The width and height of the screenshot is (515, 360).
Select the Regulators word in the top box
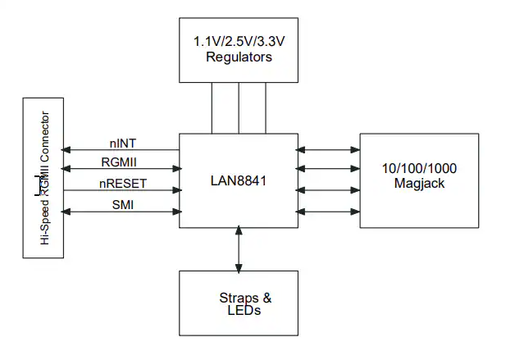pyautogui.click(x=239, y=57)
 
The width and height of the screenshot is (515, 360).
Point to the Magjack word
pyautogui.click(x=419, y=184)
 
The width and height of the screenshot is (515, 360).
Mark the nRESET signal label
pyautogui.click(x=123, y=183)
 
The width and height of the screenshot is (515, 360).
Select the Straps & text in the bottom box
pyautogui.click(x=239, y=298)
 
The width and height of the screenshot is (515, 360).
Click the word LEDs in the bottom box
pyautogui.click(x=239, y=312)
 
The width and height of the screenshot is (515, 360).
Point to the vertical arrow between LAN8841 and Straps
pyautogui.click(x=239, y=249)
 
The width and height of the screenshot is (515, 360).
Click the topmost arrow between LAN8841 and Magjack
pyautogui.click(x=329, y=150)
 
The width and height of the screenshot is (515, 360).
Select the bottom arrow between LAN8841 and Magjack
pyautogui.click(x=329, y=212)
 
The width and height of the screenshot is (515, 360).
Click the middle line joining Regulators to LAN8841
pyautogui.click(x=239, y=109)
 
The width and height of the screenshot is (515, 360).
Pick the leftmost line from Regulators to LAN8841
pyautogui.click(x=212, y=109)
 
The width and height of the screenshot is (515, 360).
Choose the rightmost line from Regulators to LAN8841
pyautogui.click(x=266, y=109)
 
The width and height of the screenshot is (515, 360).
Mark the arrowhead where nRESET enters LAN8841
pyautogui.click(x=175, y=190)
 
